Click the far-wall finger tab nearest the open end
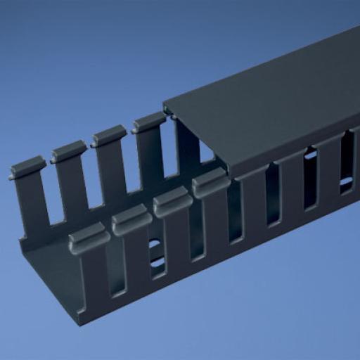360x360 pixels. click(28, 169)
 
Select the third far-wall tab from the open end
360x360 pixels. click(109, 134)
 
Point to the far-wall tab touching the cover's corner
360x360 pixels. click(149, 122)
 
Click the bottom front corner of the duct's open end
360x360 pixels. click(79, 323)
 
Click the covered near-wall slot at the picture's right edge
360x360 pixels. click(347, 165)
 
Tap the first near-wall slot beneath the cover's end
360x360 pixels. click(234, 214)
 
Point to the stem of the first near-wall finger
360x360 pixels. click(94, 281)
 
